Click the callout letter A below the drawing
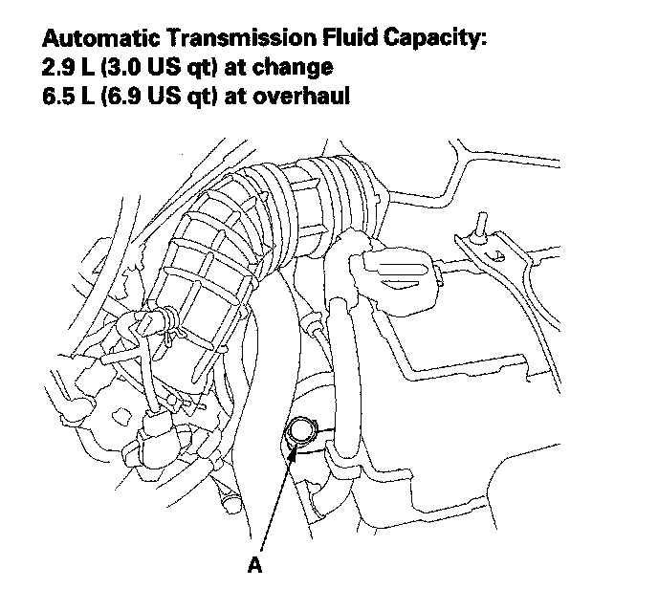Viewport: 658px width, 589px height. (254, 565)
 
